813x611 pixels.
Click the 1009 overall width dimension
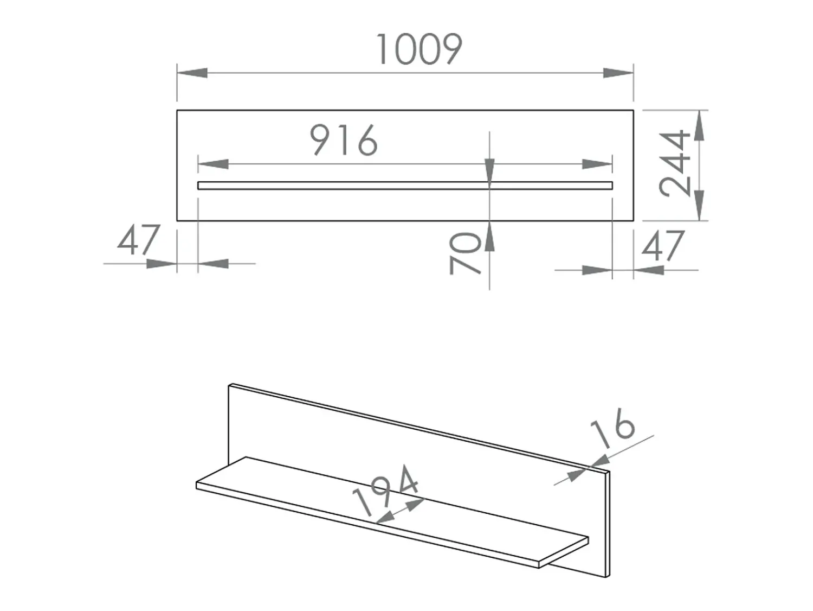419,49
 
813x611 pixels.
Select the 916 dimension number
344,140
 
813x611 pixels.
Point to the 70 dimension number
465,253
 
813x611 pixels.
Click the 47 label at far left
139,239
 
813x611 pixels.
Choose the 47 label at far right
663,246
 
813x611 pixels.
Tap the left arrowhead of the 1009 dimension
192,73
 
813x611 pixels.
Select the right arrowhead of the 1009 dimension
618,73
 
